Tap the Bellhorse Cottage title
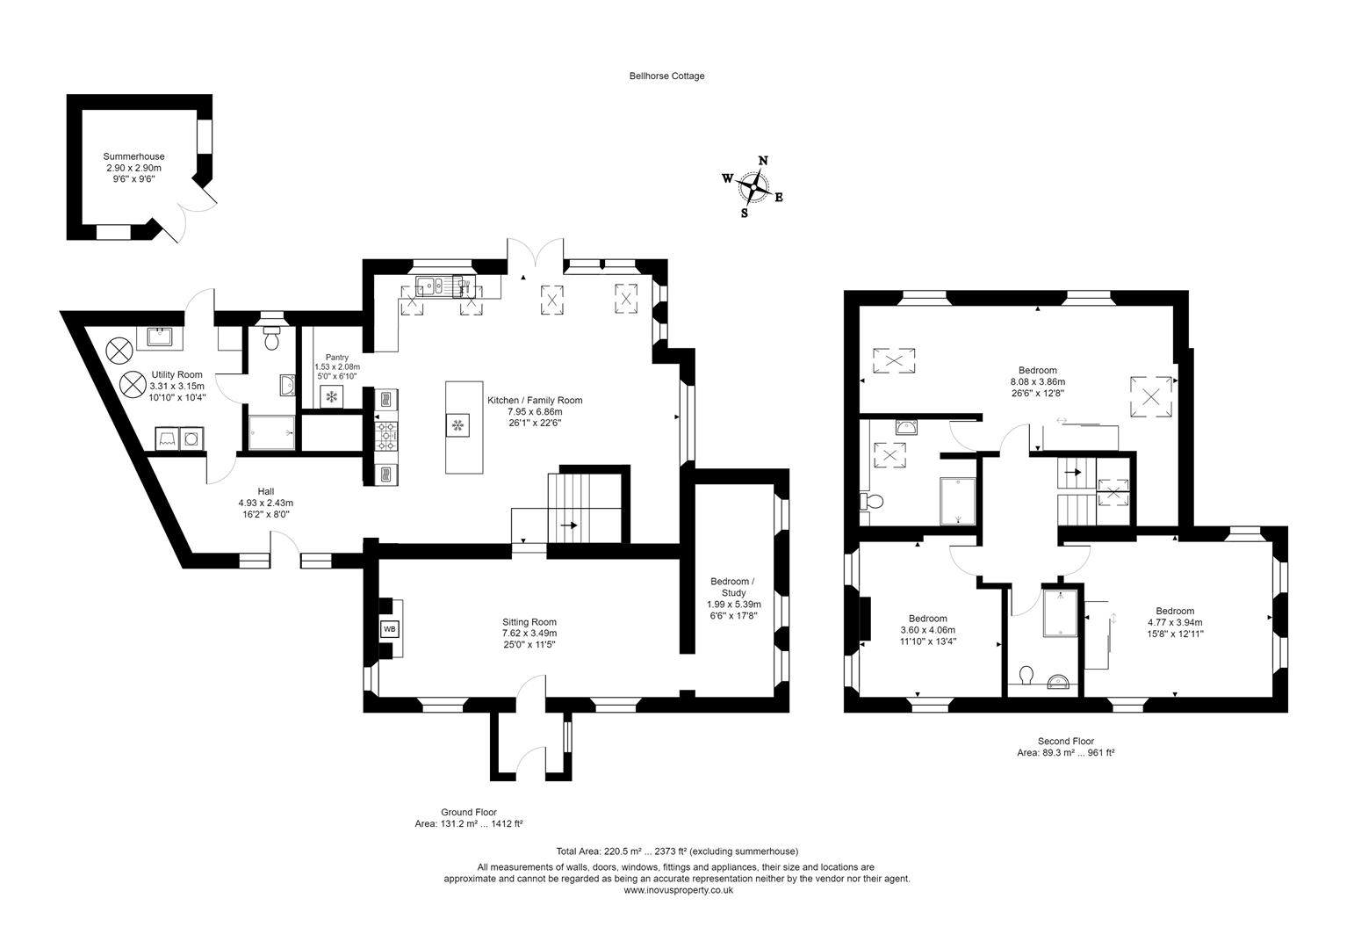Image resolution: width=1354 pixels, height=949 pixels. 666,76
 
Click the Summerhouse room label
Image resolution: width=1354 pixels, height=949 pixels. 133,156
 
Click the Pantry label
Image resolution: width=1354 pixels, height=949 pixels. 336,357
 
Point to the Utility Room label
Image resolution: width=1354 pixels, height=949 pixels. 176,374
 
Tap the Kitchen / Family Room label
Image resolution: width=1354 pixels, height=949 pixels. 535,400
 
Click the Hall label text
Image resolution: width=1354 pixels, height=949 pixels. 265,491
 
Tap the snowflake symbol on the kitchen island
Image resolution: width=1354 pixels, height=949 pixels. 457,426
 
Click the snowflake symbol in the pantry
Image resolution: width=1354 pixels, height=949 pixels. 332,397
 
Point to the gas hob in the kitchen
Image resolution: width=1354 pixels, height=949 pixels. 385,434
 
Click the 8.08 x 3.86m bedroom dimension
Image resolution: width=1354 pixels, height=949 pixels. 1037,382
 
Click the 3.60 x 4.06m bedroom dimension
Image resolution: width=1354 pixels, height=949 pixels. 927,629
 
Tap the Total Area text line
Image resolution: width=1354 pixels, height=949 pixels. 677,851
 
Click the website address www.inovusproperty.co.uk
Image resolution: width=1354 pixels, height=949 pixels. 677,890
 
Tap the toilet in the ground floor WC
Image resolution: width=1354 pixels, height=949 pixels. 271,338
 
